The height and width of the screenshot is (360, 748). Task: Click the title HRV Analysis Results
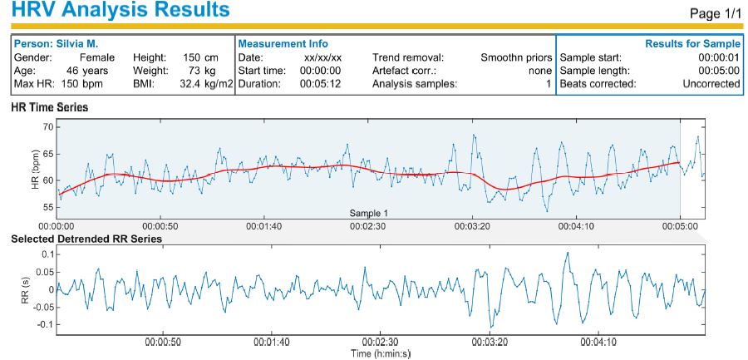pos(116,11)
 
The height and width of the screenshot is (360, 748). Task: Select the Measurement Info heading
pos(283,43)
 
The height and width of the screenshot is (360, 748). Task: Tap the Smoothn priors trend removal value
pos(516,57)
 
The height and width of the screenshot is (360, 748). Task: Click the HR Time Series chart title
pos(49,108)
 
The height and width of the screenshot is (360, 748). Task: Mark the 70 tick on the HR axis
pos(47,126)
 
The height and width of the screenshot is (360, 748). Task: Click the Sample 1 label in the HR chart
pos(369,213)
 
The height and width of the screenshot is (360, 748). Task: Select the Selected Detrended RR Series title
pos(86,239)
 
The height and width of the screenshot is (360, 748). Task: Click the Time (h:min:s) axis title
pos(380,353)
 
